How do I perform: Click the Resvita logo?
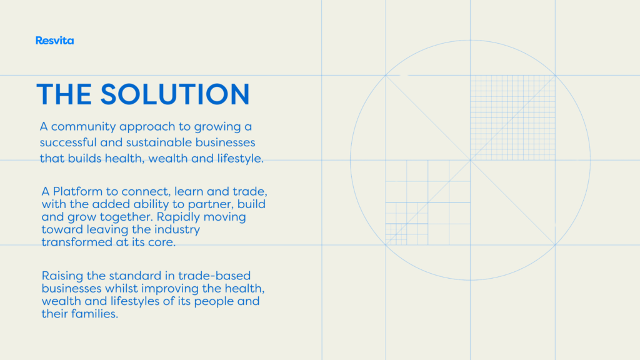click(x=55, y=41)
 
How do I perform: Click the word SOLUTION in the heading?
click(x=175, y=94)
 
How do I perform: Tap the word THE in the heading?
click(x=64, y=94)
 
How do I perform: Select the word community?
click(x=84, y=127)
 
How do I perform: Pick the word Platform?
click(x=77, y=191)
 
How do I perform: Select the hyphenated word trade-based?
click(x=214, y=276)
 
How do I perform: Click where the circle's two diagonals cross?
click(x=470, y=160)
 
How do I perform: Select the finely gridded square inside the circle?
click(x=512, y=117)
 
